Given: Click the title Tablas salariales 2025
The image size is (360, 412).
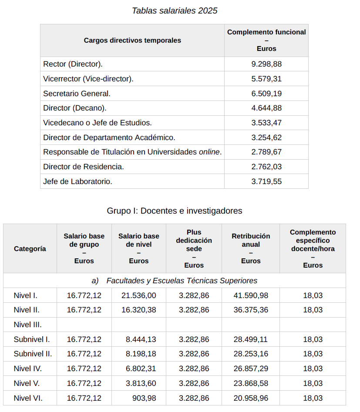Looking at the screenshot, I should [175, 11].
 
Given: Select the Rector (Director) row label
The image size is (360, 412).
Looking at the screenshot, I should [73, 64].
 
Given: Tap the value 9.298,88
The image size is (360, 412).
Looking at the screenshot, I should [266, 64].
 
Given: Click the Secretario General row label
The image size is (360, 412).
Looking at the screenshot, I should [77, 94].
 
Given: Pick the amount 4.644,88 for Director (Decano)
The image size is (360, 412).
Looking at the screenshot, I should [266, 108].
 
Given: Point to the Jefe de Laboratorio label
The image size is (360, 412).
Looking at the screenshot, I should [77, 181].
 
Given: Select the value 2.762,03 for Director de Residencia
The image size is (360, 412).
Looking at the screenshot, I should [266, 167].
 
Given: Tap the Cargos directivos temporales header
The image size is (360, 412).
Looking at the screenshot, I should [132, 40].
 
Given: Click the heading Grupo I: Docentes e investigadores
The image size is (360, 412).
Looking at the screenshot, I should [175, 211].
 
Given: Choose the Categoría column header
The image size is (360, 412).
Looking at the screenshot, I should [30, 249].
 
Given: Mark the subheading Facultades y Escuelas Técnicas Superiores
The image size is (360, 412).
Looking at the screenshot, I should [182, 281].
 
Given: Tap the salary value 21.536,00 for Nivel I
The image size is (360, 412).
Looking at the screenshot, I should [138, 295].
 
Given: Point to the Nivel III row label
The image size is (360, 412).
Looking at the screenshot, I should [28, 325].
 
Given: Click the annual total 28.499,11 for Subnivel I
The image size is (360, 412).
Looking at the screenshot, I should [250, 339].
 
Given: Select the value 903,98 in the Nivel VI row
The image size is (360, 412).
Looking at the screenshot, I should [144, 398].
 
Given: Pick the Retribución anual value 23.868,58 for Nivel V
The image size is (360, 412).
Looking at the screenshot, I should [250, 383].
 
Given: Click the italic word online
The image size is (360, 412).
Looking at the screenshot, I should [209, 152].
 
